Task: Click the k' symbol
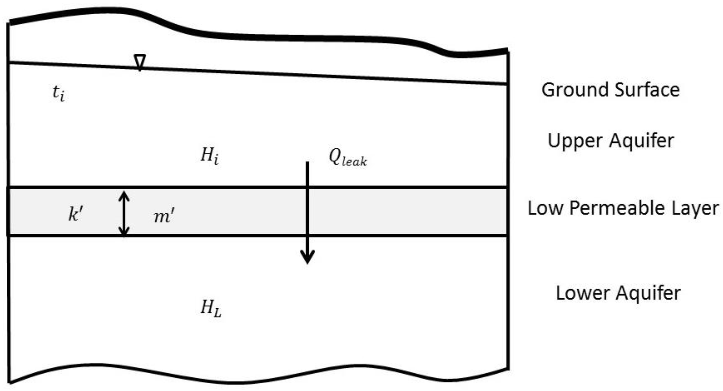tap(76, 214)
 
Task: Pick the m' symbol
tap(164, 216)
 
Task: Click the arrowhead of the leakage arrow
tap(307, 257)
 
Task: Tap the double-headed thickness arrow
tap(124, 213)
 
